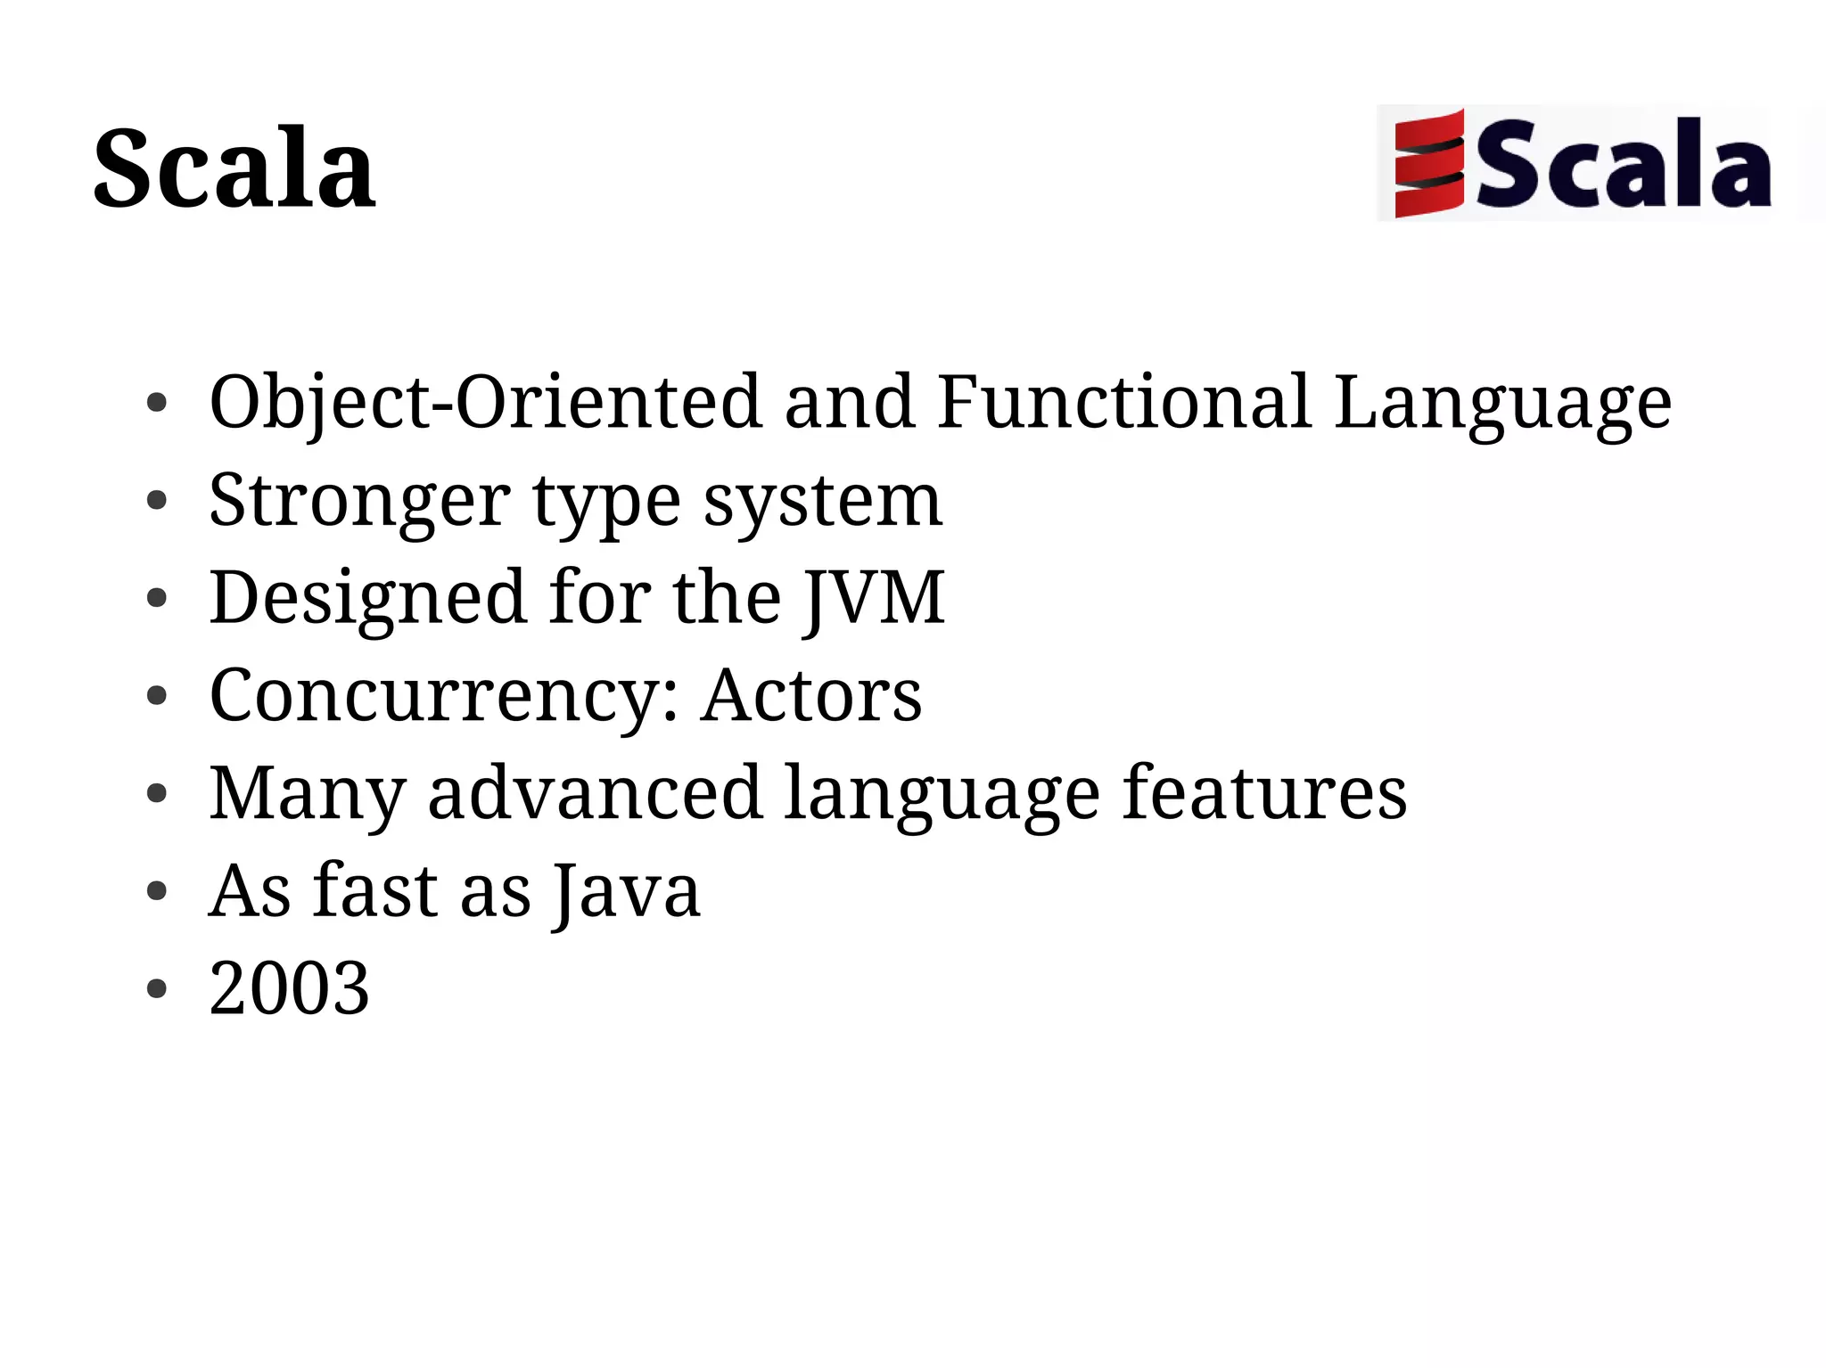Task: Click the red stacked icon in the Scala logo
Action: (x=1428, y=163)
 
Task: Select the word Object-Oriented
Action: (x=486, y=403)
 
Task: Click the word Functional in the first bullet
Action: (x=1123, y=403)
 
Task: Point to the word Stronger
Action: (x=359, y=501)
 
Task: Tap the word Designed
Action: (x=367, y=599)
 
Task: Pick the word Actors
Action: (x=810, y=696)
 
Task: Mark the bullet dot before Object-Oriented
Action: (x=157, y=403)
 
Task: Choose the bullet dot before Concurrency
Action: (x=157, y=696)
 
